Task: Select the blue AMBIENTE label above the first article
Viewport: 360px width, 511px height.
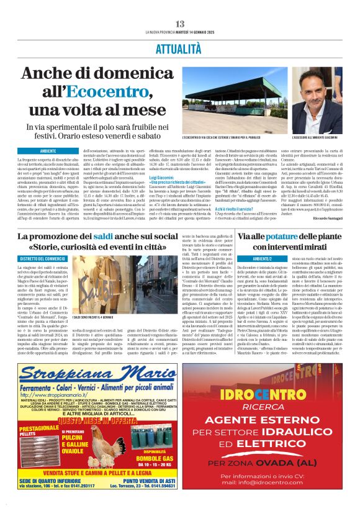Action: (48, 151)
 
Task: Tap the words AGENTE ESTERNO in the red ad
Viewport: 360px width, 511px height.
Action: (268, 419)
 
